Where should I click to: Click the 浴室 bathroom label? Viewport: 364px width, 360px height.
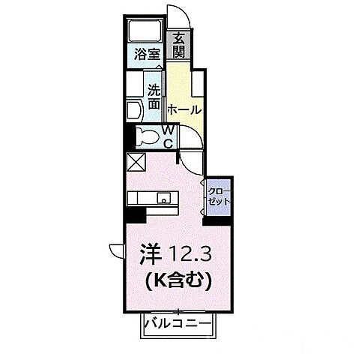point(146,54)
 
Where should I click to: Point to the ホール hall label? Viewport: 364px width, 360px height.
point(183,109)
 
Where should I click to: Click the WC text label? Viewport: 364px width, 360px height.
point(169,137)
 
